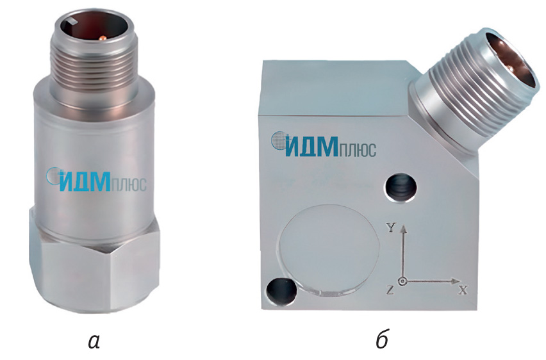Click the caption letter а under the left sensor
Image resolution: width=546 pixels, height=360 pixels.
coord(94,341)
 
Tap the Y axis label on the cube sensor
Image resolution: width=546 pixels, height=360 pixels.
coord(392,228)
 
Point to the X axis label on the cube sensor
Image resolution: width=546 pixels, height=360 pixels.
coord(463,290)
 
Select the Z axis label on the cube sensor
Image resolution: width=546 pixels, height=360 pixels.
coord(390,290)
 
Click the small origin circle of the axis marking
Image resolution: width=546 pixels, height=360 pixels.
coord(403,281)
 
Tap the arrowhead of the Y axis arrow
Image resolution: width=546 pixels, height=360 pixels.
coord(403,229)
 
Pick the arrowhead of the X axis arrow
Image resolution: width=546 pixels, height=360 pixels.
coord(456,281)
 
